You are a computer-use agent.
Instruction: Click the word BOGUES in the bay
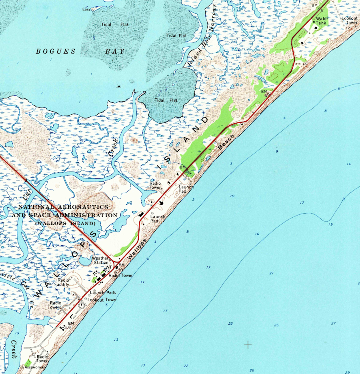click(x=56, y=51)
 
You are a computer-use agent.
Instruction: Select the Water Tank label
click(x=321, y=21)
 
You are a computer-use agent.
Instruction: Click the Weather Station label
click(x=101, y=260)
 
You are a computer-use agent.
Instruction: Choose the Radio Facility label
click(x=65, y=282)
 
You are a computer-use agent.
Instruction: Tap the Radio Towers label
click(x=55, y=305)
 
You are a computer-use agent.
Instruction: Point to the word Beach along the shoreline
click(x=226, y=142)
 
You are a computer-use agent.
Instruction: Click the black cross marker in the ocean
click(x=248, y=344)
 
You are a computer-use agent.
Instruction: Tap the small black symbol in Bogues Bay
click(x=119, y=86)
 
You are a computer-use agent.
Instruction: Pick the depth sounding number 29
click(x=347, y=372)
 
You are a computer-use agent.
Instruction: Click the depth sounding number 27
click(x=333, y=323)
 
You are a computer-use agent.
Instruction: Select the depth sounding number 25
click(x=276, y=325)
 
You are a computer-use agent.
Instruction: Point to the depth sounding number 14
click(x=349, y=164)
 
